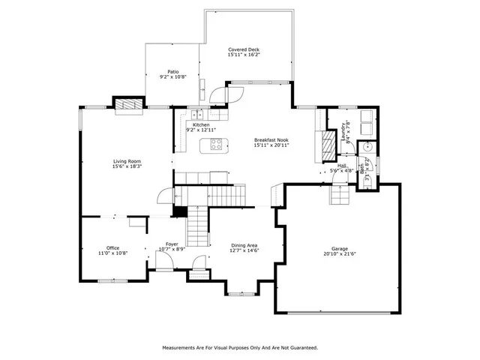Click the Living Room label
point(127,161)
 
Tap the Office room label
point(112,249)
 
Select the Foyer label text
point(172,244)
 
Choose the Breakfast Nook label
point(271,140)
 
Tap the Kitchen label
point(200,125)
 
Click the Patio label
point(172,72)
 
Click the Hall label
point(342,166)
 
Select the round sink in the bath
point(366,148)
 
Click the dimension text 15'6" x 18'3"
point(127,166)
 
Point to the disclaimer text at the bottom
point(240,347)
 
